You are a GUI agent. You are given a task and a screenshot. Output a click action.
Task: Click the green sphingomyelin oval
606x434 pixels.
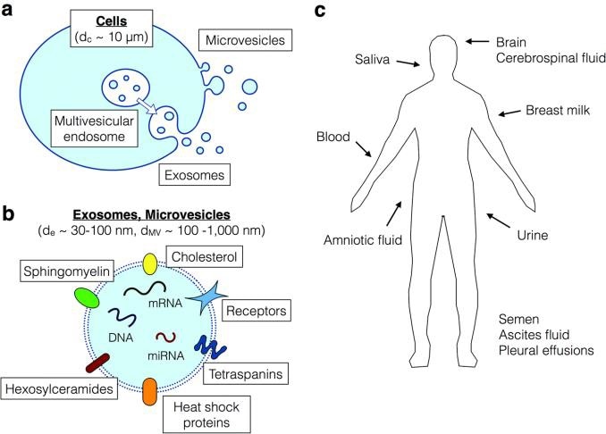(87, 297)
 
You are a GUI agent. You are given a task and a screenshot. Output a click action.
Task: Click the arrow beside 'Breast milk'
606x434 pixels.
(509, 112)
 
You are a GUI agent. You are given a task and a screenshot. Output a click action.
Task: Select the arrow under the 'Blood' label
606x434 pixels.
(365, 149)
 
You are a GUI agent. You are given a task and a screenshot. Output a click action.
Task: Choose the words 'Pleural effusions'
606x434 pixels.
(546, 351)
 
